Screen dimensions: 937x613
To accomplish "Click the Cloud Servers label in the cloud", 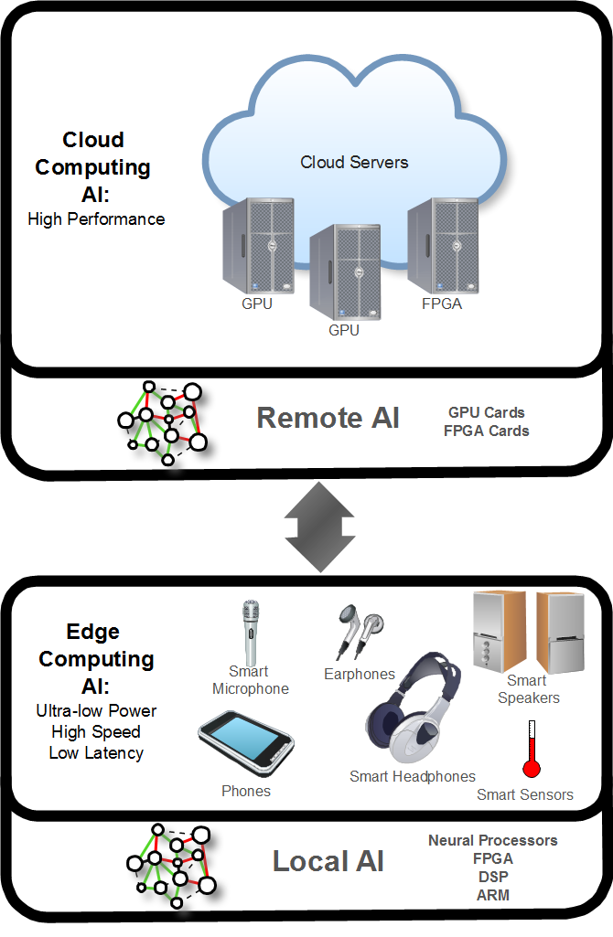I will [x=354, y=163].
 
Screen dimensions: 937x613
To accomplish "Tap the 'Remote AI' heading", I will [x=328, y=418].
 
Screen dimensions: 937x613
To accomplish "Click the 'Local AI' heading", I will [x=328, y=861].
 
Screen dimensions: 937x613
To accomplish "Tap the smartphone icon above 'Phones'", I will [x=246, y=742].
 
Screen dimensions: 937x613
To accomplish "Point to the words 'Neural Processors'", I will [x=492, y=840].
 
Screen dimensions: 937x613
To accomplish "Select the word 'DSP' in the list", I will [x=492, y=877].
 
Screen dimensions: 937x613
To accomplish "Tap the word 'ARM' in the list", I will [x=492, y=895].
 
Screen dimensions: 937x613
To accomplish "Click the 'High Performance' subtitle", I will [x=96, y=219].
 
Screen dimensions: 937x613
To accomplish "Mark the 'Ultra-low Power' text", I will [x=96, y=710].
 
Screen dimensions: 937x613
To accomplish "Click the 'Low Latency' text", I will [x=96, y=753].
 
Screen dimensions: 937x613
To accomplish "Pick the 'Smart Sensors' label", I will [x=525, y=794].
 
